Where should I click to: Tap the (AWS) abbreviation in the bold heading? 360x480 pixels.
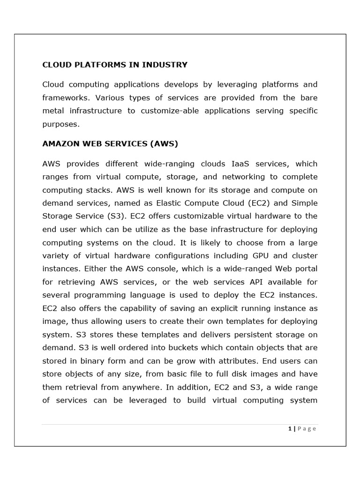point(164,144)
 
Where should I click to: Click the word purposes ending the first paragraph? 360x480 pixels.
point(60,124)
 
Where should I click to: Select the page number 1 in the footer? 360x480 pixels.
point(290,428)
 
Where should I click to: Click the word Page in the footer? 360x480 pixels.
point(307,428)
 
